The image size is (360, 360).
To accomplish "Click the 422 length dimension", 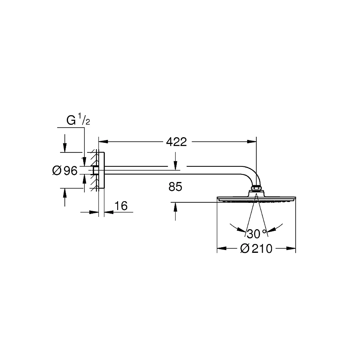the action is click(176, 142).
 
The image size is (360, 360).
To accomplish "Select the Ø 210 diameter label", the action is click(256, 248).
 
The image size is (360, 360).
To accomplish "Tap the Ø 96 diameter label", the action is click(65, 170).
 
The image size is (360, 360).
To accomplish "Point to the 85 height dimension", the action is click(175, 187).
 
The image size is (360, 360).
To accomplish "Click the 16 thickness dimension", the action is click(121, 206).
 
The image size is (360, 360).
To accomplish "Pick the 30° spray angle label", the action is click(257, 234).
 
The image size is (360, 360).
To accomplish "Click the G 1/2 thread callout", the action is click(78, 120).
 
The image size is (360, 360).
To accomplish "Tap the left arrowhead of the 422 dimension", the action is click(103, 142).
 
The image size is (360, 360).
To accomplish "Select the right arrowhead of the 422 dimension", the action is click(252, 142).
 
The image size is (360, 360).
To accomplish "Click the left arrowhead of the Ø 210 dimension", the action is click(222, 248).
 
